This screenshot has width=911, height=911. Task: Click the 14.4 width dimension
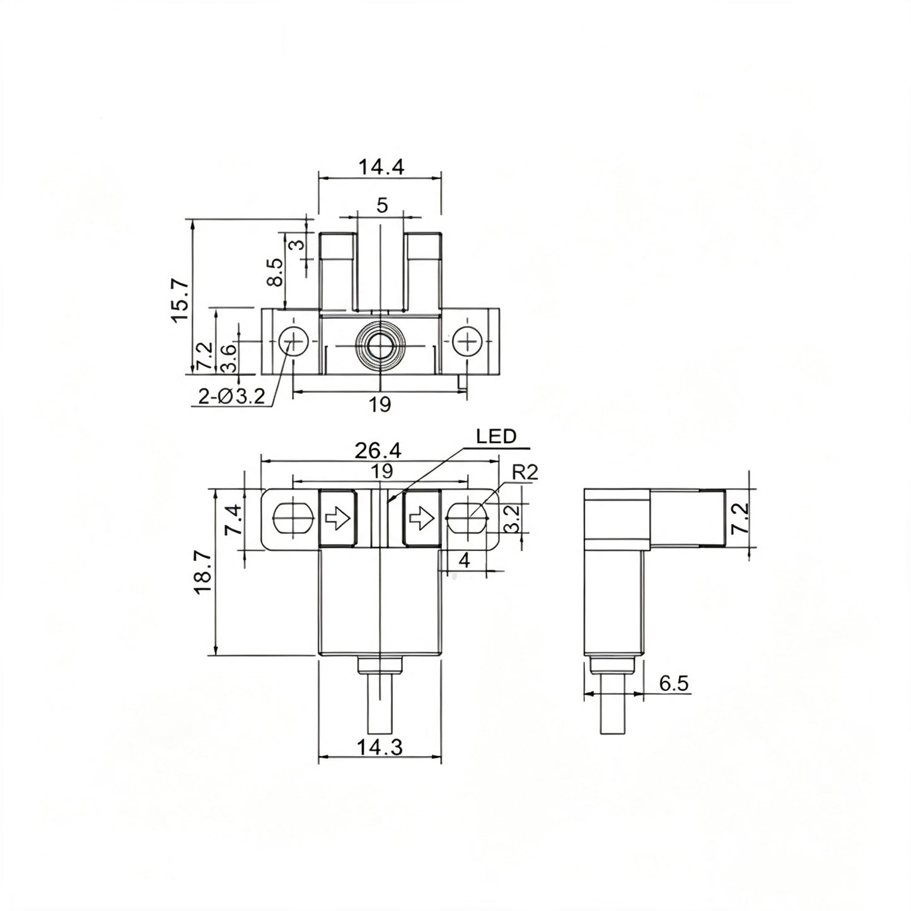click(x=381, y=167)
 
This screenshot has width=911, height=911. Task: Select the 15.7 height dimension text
click(x=181, y=301)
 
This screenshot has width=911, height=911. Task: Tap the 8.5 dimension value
click(x=275, y=272)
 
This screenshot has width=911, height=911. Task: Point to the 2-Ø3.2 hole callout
click(x=231, y=396)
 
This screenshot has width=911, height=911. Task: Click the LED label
click(x=496, y=436)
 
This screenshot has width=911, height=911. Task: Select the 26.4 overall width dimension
click(x=378, y=451)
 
